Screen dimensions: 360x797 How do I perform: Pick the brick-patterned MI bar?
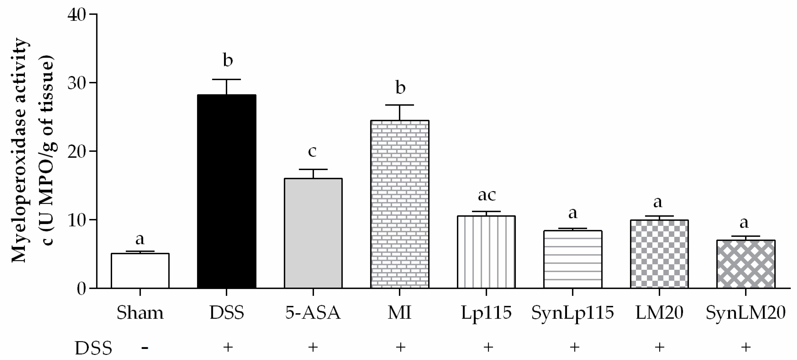[400, 204]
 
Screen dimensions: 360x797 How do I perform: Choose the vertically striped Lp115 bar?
[486, 252]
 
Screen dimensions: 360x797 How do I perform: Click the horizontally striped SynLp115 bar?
[573, 259]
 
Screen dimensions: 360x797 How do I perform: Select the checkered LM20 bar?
[659, 254]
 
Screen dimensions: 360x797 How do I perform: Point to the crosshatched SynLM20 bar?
[746, 264]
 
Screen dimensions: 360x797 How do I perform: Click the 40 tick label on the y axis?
[77, 15]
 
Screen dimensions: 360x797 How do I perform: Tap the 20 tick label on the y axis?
[77, 152]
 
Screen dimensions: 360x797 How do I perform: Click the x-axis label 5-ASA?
[313, 313]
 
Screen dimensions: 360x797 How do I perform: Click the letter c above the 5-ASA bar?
[312, 151]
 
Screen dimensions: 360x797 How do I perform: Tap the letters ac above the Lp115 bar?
[487, 195]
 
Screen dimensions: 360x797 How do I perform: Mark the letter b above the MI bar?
[400, 88]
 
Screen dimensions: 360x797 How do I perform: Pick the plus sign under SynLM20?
[746, 347]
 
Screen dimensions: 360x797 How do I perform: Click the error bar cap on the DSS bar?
[227, 80]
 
